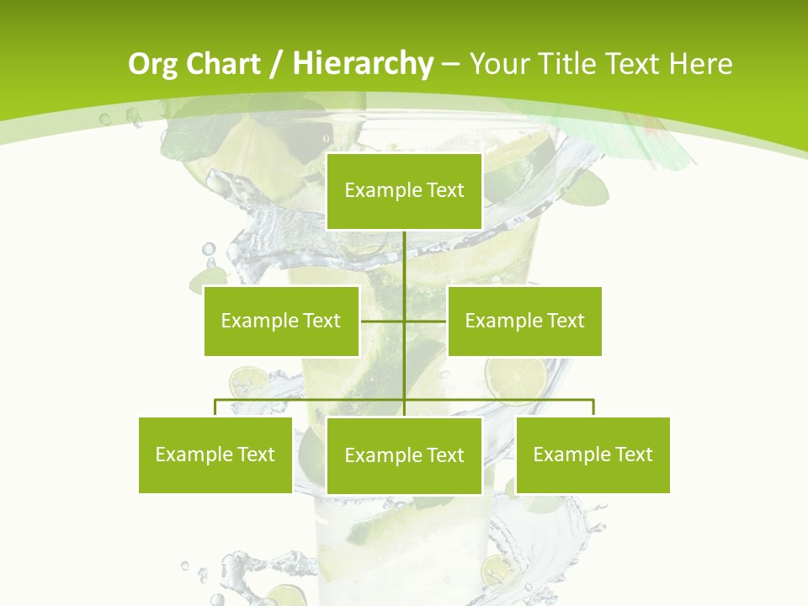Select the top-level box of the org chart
(404, 191)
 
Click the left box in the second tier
(281, 321)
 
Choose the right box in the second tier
(524, 321)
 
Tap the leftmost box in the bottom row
(215, 454)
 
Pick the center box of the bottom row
(404, 455)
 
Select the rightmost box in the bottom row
(593, 454)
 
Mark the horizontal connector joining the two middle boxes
(384, 321)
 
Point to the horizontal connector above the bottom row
(311, 400)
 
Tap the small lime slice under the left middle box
(248, 380)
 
